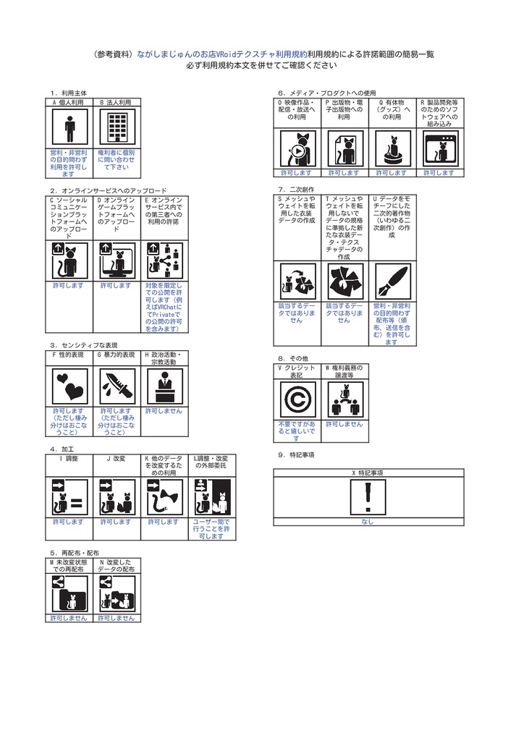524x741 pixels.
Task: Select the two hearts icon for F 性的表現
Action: (69, 386)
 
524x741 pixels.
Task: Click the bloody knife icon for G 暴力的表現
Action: (117, 386)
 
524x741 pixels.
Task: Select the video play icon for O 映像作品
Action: (297, 149)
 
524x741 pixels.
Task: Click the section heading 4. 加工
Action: (64, 449)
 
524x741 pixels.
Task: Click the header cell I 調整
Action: (69, 459)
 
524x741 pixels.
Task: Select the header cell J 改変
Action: (117, 459)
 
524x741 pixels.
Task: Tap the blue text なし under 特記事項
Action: (368, 522)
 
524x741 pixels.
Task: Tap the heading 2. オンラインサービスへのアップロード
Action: (109, 190)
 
